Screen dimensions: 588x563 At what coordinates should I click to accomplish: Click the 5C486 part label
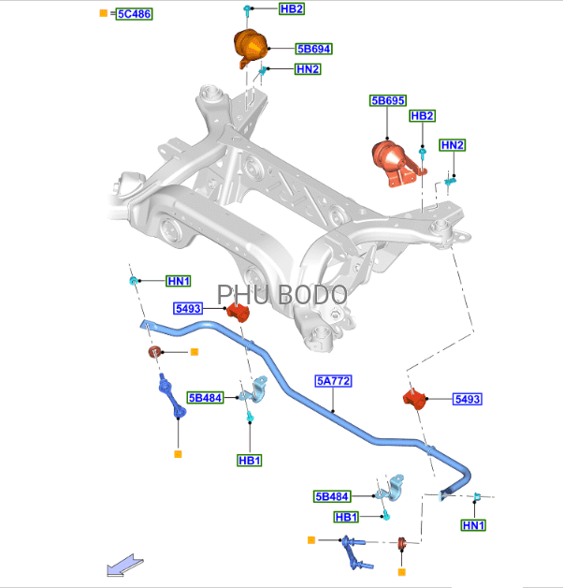click(x=135, y=14)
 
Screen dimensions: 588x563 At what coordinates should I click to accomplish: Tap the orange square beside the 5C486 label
click(x=104, y=14)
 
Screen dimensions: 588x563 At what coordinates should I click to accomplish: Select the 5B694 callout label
click(x=313, y=49)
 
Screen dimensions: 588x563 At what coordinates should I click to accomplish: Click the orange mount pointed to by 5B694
click(x=250, y=47)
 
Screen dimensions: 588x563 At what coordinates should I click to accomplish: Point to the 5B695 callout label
click(x=387, y=100)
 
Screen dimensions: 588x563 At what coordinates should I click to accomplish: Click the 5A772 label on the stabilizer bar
click(x=333, y=381)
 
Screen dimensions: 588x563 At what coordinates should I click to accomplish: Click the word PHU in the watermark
click(x=242, y=294)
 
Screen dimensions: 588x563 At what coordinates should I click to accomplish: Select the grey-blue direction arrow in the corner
click(x=123, y=565)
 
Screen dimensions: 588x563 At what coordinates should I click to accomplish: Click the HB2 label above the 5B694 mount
click(x=291, y=8)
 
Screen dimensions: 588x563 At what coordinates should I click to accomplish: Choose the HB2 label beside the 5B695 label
click(x=423, y=116)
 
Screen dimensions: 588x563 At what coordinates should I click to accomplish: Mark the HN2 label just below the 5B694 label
click(x=308, y=69)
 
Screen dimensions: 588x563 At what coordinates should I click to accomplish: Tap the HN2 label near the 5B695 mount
click(x=453, y=145)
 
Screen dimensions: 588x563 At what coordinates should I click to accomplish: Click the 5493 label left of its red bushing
click(x=188, y=308)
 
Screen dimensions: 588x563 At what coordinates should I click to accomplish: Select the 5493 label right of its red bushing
click(x=467, y=399)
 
